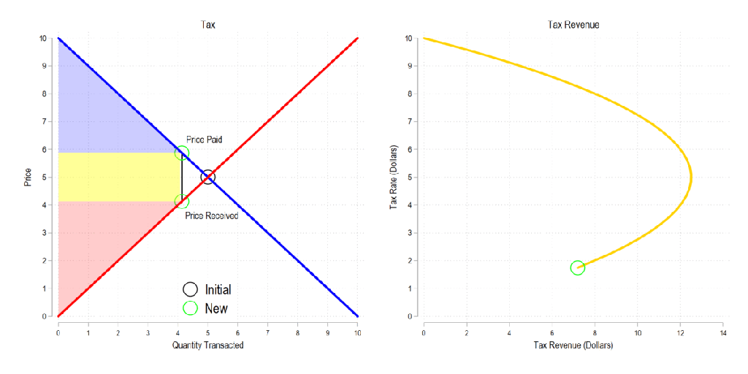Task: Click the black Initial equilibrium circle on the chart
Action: [x=208, y=177]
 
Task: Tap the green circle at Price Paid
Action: [x=182, y=153]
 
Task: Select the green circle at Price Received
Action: [x=182, y=202]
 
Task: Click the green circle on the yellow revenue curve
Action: [x=578, y=268]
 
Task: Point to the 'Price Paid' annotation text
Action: [x=204, y=139]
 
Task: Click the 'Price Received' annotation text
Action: [x=211, y=215]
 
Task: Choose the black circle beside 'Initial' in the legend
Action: [x=190, y=289]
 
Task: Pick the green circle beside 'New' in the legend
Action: [x=190, y=308]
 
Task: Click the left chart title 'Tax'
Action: [x=208, y=25]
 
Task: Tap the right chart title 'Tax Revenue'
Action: [x=573, y=25]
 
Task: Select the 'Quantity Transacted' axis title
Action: [x=208, y=345]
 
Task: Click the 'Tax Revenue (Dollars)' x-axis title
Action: [x=573, y=345]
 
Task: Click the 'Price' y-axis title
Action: [x=28, y=177]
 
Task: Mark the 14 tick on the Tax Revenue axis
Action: [x=722, y=332]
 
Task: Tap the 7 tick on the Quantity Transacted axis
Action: [x=268, y=332]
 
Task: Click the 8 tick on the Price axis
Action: [x=44, y=93]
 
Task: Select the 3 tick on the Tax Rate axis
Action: [x=410, y=233]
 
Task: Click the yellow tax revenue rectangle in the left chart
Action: [x=117, y=177]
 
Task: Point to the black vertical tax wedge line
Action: [x=182, y=177]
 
